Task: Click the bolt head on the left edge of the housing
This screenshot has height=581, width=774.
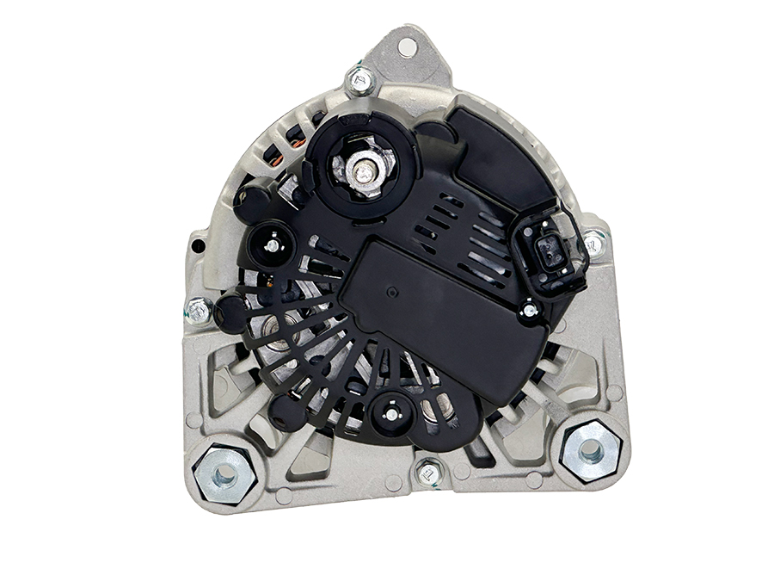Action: coord(199,311)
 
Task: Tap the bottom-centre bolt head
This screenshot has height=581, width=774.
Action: coord(425,472)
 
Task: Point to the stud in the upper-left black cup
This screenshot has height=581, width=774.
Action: coord(272,245)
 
